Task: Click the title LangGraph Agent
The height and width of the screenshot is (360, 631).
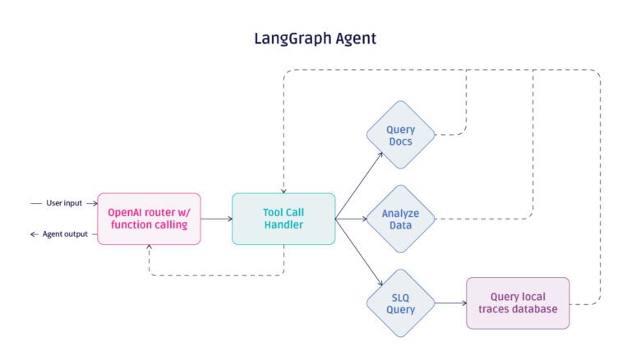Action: (315, 38)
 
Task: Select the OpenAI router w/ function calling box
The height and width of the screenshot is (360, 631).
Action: (149, 219)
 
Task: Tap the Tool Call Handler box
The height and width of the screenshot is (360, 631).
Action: (283, 219)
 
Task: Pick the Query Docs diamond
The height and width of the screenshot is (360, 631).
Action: (400, 136)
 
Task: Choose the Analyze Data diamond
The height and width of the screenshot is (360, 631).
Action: (400, 219)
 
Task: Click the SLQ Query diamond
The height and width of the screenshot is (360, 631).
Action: (400, 303)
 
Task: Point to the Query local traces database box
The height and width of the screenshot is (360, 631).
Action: (518, 303)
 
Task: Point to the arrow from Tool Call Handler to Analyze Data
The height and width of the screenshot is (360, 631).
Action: (350, 219)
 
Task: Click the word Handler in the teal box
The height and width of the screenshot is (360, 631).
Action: (283, 226)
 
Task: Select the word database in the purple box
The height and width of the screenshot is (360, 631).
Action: (543, 310)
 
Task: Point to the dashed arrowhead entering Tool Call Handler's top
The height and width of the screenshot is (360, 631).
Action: (283, 188)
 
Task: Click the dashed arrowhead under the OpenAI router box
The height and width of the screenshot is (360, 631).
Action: (149, 249)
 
